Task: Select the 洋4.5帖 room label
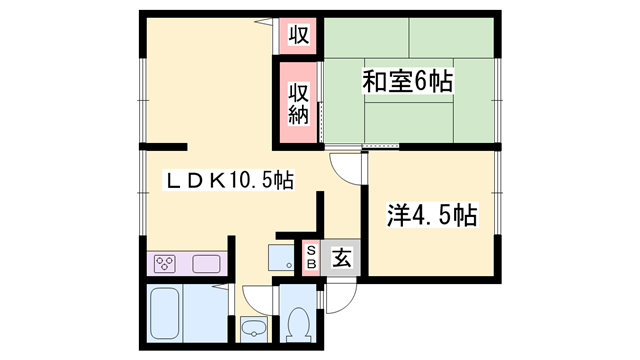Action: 431,214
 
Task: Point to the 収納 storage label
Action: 298,101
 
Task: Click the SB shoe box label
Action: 311,256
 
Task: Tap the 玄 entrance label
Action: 341,259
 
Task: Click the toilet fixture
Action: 298,323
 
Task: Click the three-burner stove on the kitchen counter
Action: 166,264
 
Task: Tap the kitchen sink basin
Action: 206,264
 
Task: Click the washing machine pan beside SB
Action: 282,256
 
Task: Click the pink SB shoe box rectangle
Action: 311,256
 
